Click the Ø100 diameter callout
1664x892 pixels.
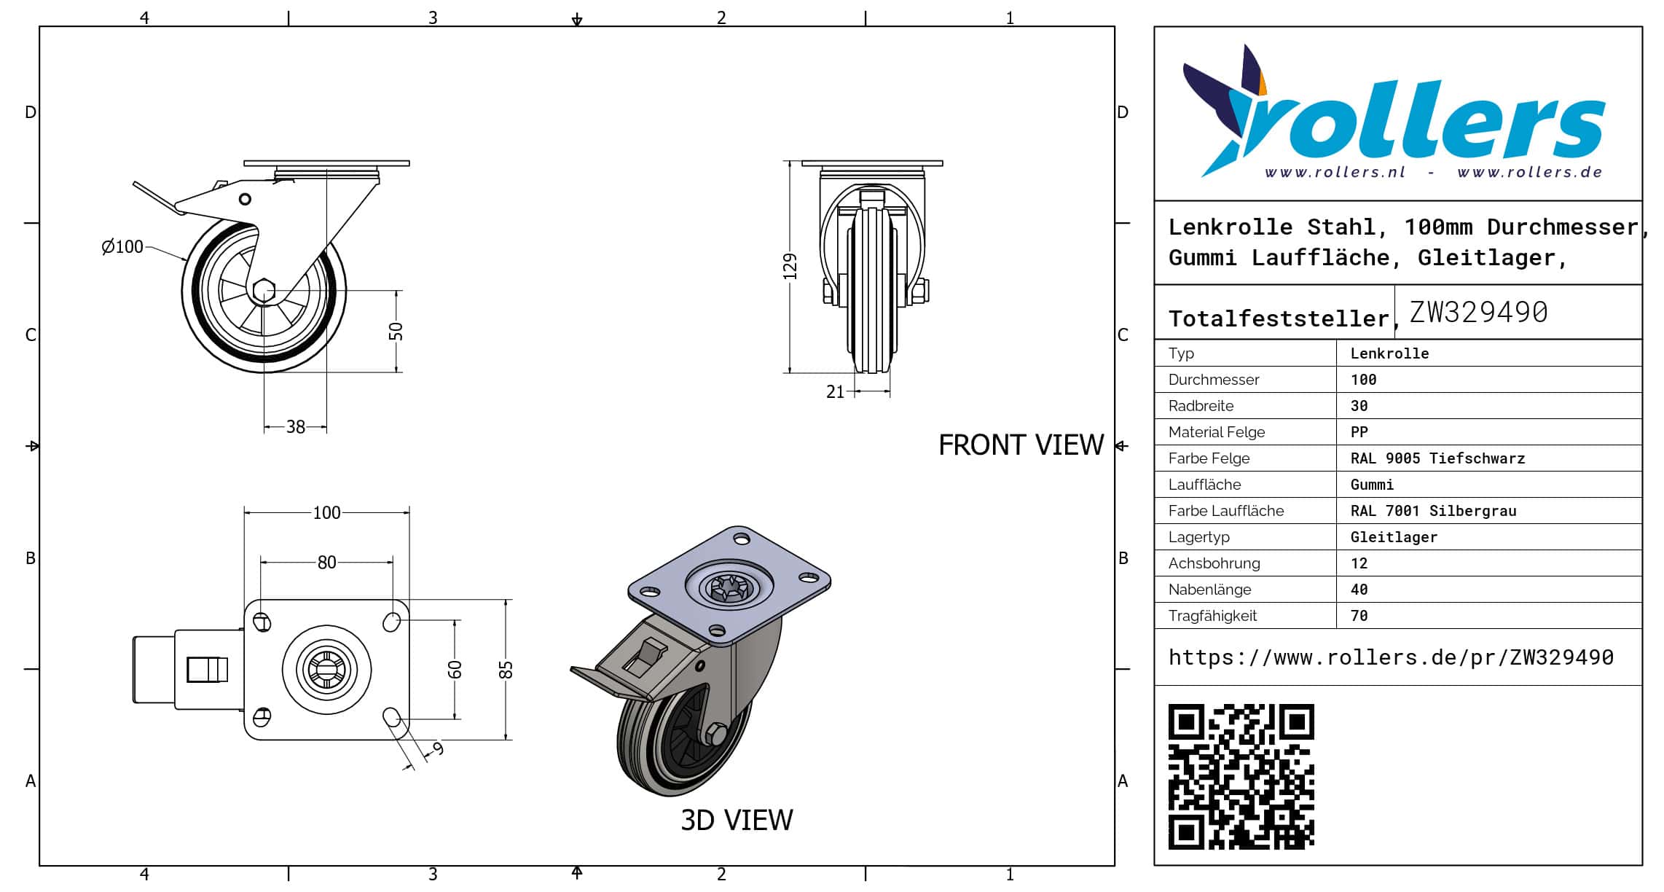122,247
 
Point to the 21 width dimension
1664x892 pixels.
835,392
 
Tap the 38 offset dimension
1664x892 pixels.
295,427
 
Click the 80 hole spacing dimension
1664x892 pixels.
326,563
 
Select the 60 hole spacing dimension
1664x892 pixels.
455,669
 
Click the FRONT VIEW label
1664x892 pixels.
1021,445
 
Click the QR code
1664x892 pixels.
1241,776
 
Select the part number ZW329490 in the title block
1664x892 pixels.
1478,313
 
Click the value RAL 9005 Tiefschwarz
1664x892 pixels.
1437,458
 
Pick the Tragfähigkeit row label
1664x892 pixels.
1212,616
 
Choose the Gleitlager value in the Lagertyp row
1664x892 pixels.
1394,537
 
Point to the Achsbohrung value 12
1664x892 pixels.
1359,563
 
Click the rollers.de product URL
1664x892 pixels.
1391,657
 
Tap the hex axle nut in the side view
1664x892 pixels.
264,291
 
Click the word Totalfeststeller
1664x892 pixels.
1279,318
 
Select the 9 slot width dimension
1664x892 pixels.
438,748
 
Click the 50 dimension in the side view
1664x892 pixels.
396,332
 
